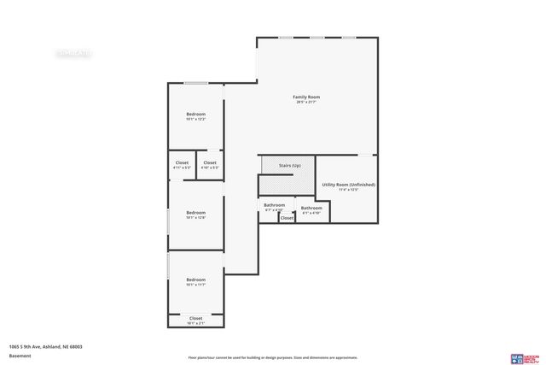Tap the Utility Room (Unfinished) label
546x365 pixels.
(x=348, y=185)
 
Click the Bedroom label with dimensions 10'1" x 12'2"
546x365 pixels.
(x=196, y=114)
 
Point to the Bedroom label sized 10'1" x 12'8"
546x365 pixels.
(x=196, y=212)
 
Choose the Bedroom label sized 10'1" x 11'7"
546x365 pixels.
(x=196, y=280)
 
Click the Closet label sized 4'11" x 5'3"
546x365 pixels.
(x=182, y=162)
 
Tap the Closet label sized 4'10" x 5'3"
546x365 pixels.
(x=209, y=162)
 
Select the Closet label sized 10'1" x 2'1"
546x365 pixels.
(x=196, y=318)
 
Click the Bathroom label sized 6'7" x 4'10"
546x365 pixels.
(x=274, y=205)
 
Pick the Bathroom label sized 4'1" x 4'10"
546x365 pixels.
(x=311, y=208)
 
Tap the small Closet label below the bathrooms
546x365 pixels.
(x=287, y=218)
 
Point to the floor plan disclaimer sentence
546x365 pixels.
(x=272, y=357)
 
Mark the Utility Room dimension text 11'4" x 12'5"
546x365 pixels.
(x=348, y=190)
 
